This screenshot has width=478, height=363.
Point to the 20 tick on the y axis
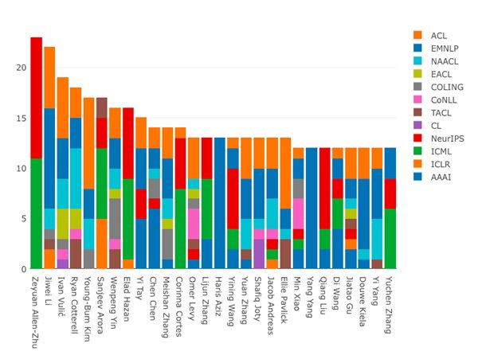pyautogui.click(x=20, y=68)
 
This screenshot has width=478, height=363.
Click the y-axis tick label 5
pyautogui.click(x=22, y=219)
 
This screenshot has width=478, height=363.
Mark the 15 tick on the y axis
pyautogui.click(x=20, y=118)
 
